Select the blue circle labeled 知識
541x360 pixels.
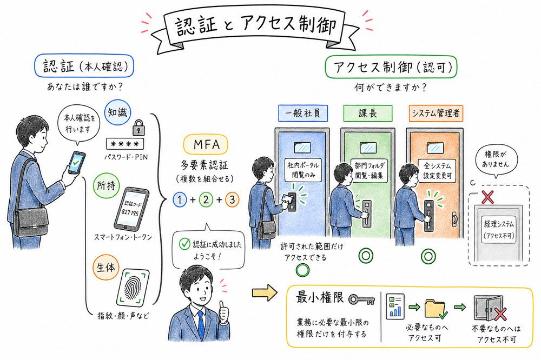(x=118, y=113)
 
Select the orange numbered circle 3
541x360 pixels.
(x=231, y=199)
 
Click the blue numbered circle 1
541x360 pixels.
(x=179, y=199)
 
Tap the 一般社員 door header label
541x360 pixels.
(x=300, y=114)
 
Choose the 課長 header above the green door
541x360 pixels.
(x=366, y=114)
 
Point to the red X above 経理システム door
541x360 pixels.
(x=487, y=197)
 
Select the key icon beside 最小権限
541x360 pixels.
(x=361, y=299)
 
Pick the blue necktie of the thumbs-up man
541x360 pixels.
(x=201, y=323)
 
